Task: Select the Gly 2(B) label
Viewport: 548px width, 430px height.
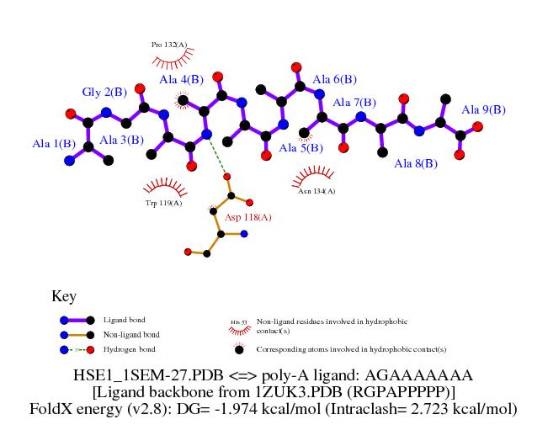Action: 104,92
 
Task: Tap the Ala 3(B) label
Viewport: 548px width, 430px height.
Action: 121,140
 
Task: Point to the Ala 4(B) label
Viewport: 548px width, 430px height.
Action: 181,80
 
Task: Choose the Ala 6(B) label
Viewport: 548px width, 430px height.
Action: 335,80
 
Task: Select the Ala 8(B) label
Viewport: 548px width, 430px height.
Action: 416,163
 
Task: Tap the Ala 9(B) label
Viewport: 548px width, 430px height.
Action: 483,109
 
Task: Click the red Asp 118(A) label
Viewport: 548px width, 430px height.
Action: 248,218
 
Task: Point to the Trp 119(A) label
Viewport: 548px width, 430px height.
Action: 163,203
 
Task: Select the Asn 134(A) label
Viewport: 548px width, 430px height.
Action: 317,191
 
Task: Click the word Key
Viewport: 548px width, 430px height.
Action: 64,296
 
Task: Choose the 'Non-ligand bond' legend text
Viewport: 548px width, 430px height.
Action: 130,335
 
